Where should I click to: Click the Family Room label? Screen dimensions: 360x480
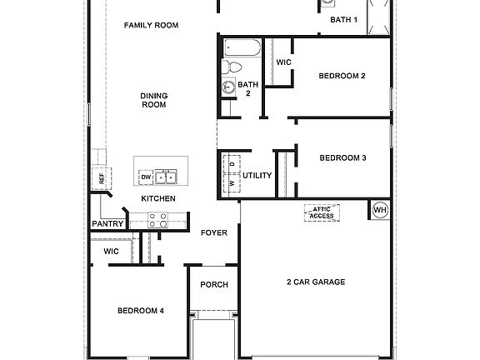tap(152, 25)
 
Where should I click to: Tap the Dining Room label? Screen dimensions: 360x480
tap(154, 100)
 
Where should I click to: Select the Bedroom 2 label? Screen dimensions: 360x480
tap(342, 76)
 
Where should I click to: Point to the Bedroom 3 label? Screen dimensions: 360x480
tap(343, 157)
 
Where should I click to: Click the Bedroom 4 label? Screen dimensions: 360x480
tap(140, 311)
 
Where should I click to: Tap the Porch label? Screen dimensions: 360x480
tap(214, 284)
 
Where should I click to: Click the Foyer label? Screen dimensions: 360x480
tap(214, 232)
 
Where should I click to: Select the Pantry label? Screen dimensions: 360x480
tap(108, 223)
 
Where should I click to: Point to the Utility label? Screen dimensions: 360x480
tap(257, 175)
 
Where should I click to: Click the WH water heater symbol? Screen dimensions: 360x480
tap(380, 209)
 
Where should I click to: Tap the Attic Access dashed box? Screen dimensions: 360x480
tap(322, 212)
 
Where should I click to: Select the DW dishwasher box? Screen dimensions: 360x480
tap(146, 177)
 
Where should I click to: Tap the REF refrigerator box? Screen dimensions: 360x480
tap(102, 177)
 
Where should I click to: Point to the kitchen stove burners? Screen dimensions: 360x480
tap(157, 220)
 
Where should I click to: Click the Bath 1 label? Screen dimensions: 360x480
tap(343, 19)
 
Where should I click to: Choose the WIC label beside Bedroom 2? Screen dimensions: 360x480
tap(283, 62)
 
